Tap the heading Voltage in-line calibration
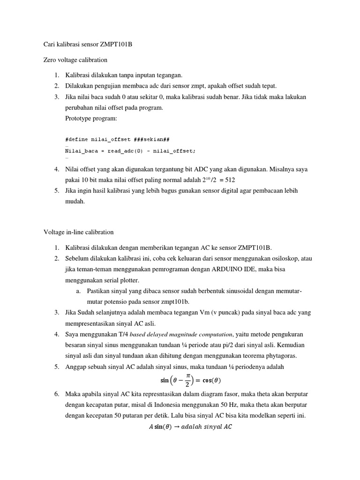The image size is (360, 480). click(78, 232)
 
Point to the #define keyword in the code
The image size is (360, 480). click(77, 139)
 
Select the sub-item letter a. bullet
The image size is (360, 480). click(78, 291)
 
